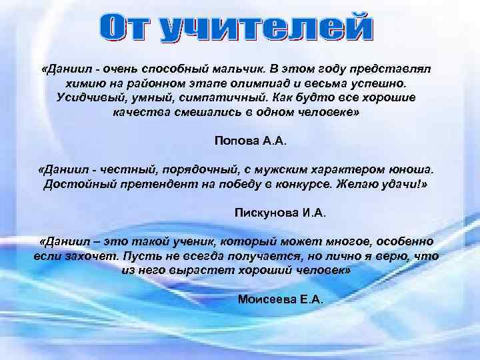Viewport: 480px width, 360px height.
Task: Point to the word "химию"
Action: pyautogui.click(x=82, y=84)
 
